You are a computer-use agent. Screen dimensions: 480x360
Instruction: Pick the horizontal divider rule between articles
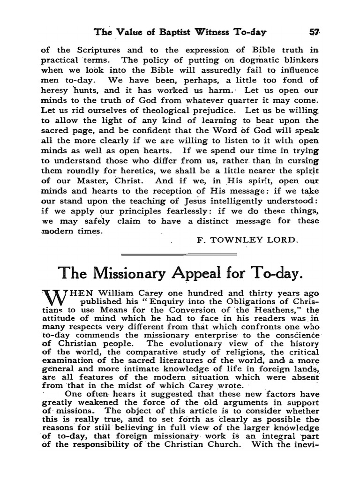(179, 254)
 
